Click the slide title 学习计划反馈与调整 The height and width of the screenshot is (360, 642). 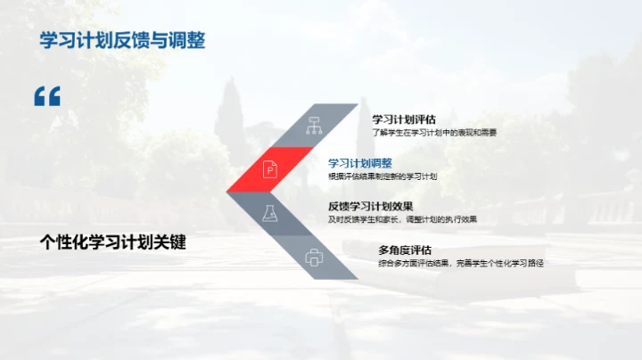tap(123, 42)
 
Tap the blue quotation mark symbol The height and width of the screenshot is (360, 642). tap(46, 96)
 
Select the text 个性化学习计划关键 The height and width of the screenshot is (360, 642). tap(113, 242)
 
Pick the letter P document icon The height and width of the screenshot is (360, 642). tap(269, 168)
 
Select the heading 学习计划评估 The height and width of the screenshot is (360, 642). tap(403, 119)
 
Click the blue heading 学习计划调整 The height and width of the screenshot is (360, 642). tap(360, 163)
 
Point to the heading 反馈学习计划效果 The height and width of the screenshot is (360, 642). tap(370, 207)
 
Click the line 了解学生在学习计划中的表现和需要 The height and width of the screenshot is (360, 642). tap(434, 132)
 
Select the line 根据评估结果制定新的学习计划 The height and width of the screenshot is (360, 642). tap(383, 176)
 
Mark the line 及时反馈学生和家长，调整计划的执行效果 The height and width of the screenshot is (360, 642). tap(402, 219)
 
